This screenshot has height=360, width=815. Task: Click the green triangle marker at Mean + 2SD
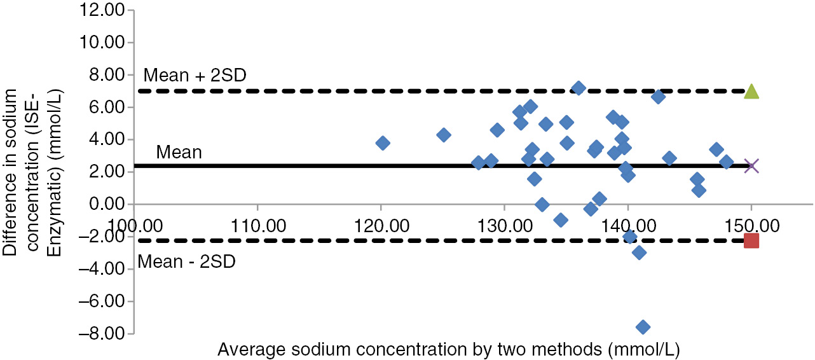[751, 92]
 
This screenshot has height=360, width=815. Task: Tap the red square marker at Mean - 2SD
[751, 240]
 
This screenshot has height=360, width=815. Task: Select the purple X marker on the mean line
[751, 166]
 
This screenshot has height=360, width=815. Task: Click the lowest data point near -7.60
[643, 327]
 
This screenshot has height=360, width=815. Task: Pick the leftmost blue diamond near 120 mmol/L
[383, 143]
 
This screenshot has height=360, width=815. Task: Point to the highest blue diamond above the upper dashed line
[579, 88]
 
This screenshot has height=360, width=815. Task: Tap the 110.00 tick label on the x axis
[257, 226]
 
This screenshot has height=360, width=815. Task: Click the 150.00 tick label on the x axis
[751, 226]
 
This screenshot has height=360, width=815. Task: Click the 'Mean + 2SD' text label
[195, 76]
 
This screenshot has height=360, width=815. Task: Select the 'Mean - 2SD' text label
[187, 261]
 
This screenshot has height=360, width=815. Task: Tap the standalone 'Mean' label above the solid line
[179, 153]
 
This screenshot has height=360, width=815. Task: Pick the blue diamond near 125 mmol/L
[444, 135]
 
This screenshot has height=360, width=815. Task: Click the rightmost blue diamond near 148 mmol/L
[727, 162]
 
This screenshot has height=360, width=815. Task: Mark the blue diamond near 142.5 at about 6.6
[658, 97]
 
